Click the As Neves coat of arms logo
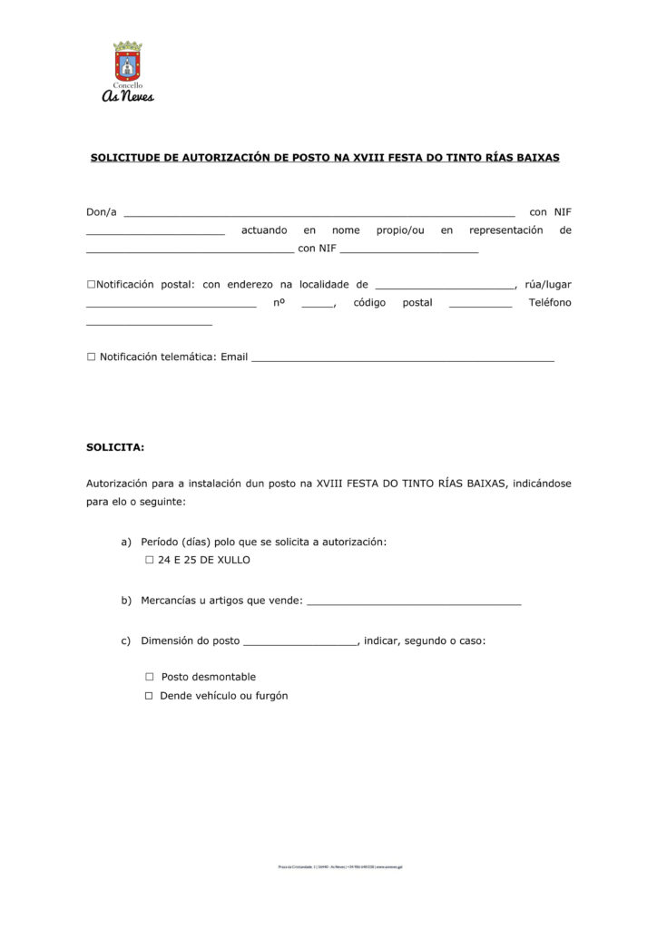(x=128, y=62)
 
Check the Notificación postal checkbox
(x=91, y=285)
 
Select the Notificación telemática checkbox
(x=91, y=357)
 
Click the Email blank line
(x=402, y=359)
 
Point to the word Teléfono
(x=550, y=303)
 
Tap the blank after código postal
(x=480, y=305)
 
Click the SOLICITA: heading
(x=115, y=447)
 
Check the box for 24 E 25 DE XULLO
(x=150, y=561)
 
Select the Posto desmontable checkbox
(x=150, y=677)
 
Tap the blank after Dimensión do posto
(x=301, y=643)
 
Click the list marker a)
(x=126, y=543)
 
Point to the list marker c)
(x=126, y=641)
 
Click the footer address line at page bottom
(x=340, y=866)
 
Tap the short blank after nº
(x=318, y=305)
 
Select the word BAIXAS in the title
(x=535, y=158)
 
